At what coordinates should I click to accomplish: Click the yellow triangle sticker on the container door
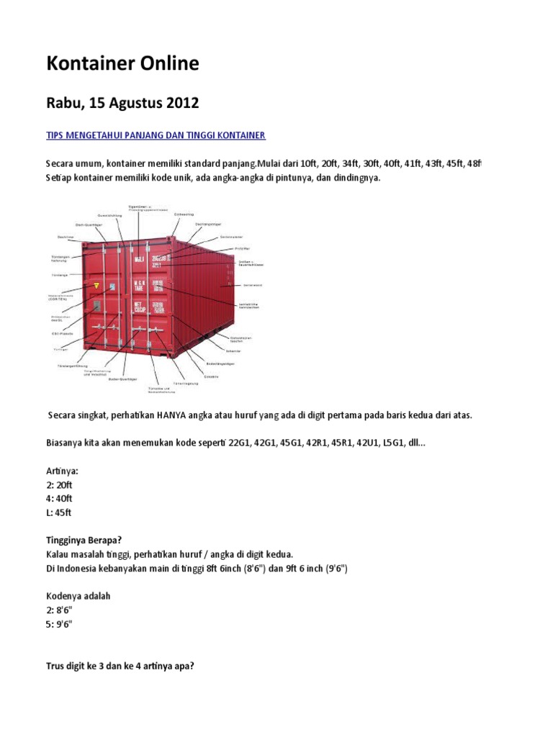click(x=92, y=286)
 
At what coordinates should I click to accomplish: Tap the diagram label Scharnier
click(x=253, y=351)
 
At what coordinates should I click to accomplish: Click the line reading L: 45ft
click(x=59, y=513)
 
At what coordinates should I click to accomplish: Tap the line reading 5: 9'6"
click(x=60, y=623)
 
